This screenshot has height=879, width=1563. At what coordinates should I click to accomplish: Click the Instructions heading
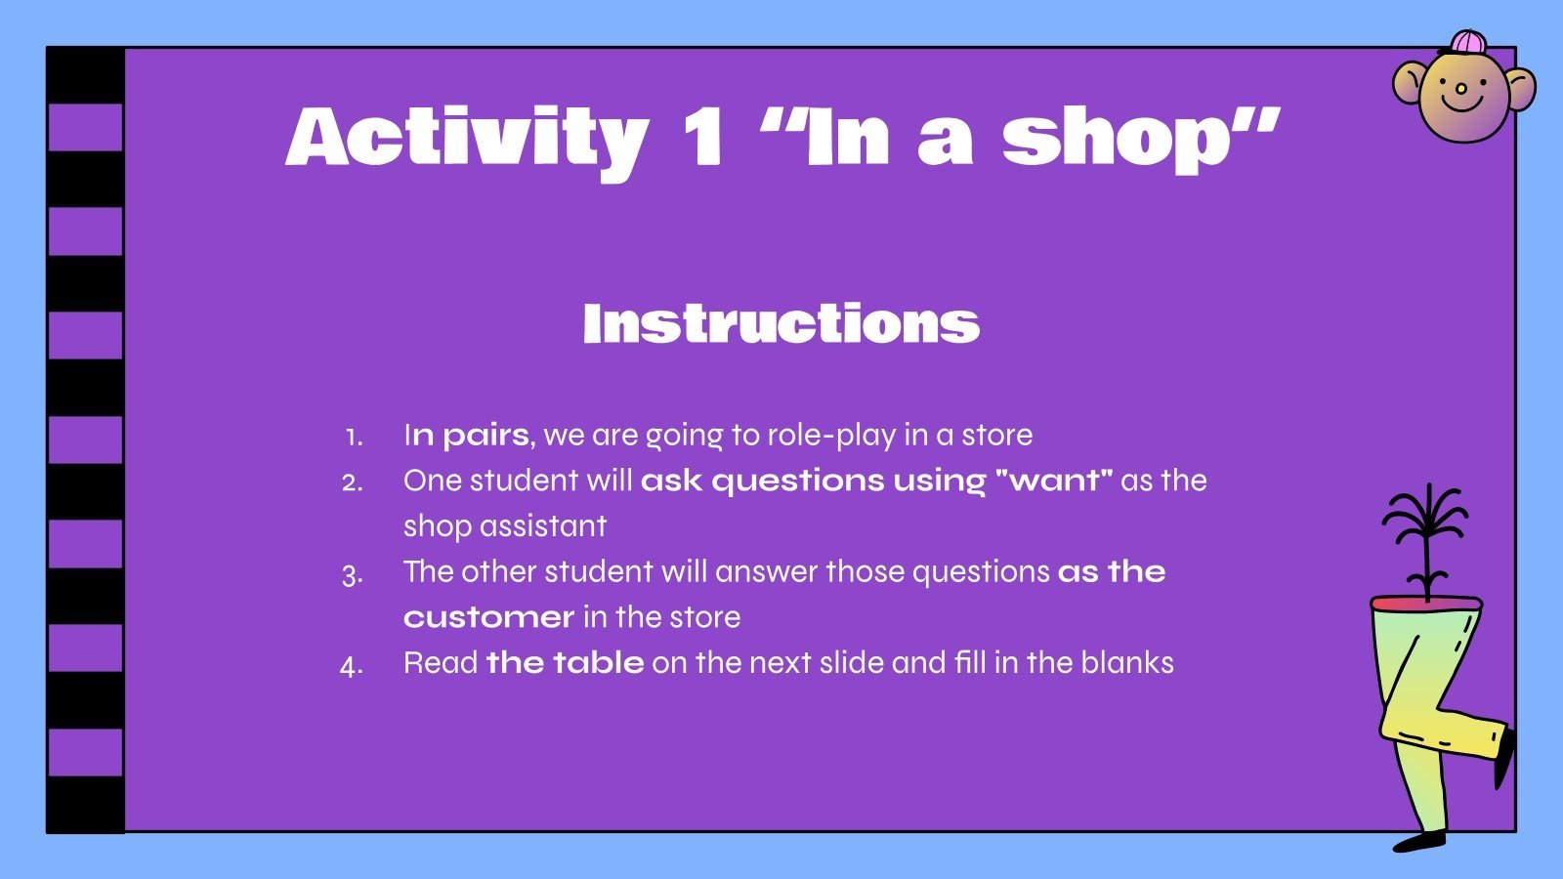(x=781, y=323)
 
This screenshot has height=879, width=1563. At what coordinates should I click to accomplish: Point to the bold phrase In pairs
(x=466, y=435)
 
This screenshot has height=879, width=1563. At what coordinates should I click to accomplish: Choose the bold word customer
(x=488, y=617)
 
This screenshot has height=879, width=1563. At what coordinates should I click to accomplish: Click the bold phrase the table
(x=565, y=662)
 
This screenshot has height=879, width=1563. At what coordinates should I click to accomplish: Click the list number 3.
(x=353, y=574)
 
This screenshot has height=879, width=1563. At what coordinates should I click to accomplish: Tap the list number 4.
(x=352, y=666)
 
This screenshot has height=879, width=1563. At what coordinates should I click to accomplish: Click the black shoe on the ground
(x=1419, y=840)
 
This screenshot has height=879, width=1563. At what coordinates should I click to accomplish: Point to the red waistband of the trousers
(x=1426, y=604)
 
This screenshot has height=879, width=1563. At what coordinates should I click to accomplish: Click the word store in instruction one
(x=996, y=435)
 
